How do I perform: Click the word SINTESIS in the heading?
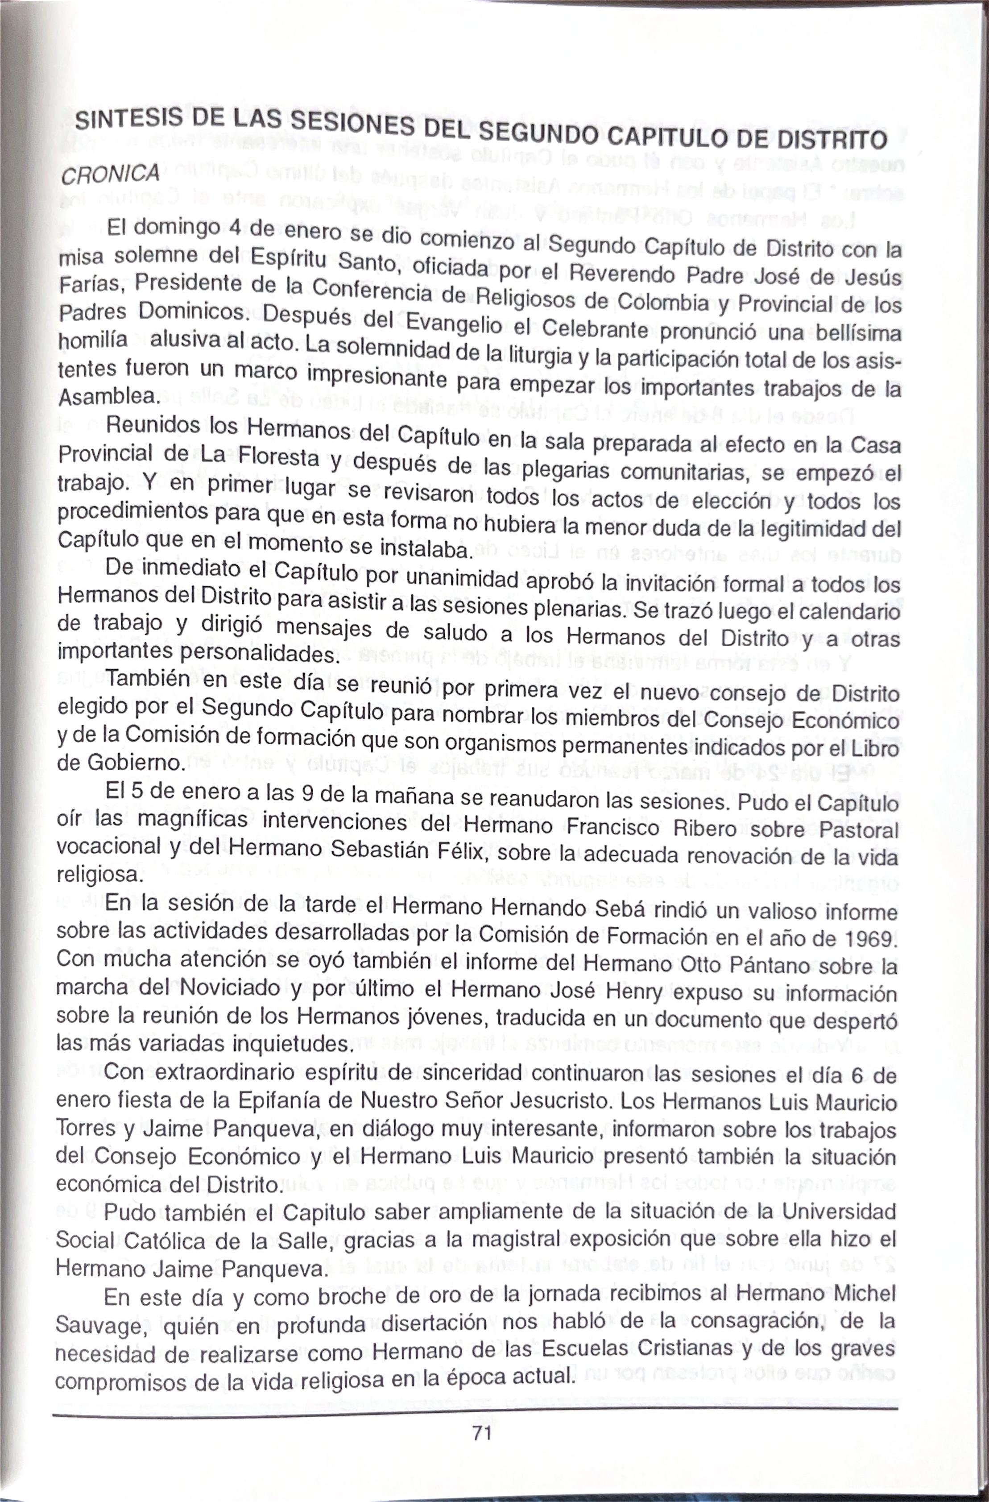[x=130, y=118]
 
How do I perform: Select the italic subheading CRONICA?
[x=110, y=174]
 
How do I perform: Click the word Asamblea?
[x=108, y=396]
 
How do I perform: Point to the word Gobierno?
[x=134, y=762]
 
